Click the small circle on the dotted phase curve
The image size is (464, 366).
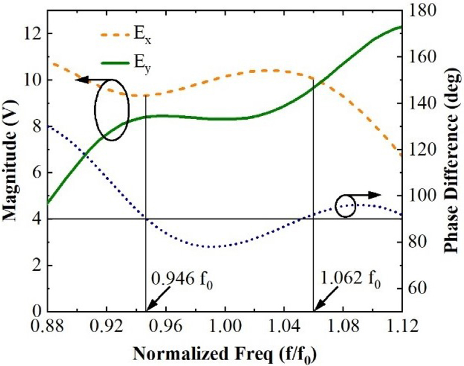tap(346, 207)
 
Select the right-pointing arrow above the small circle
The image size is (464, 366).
tap(367, 195)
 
